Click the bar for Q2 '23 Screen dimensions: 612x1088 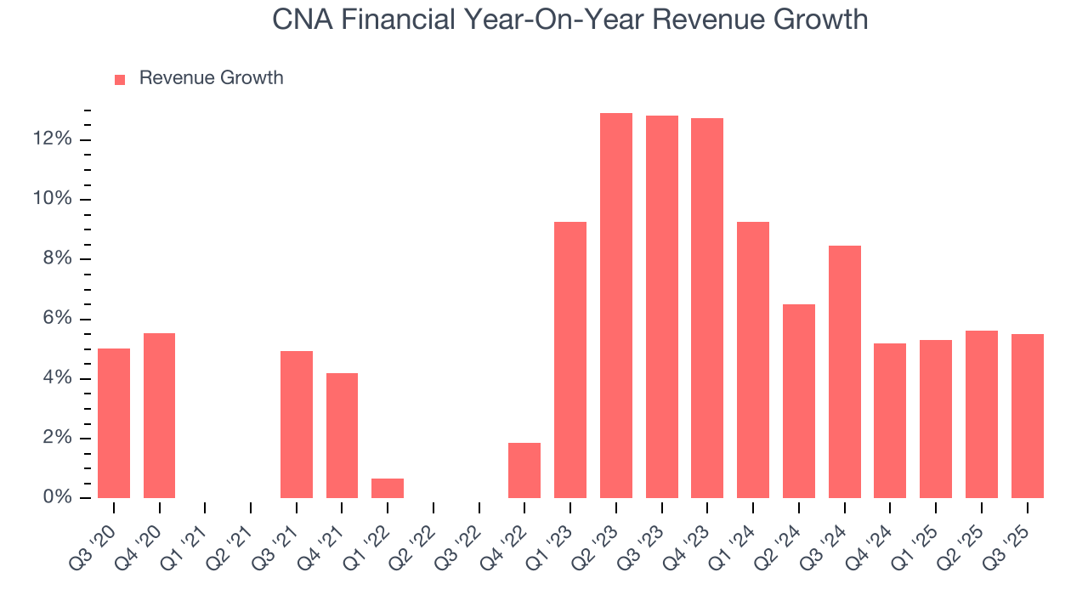click(616, 306)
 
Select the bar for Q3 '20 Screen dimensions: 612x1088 click(114, 423)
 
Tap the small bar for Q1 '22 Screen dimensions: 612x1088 click(388, 489)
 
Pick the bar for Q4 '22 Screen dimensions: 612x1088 click(524, 471)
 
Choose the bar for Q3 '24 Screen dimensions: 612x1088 click(845, 372)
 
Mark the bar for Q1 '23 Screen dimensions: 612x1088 click(570, 360)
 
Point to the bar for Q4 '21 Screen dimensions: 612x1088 click(342, 435)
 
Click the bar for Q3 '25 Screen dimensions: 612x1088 click(1028, 416)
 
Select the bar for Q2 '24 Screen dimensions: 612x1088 click(799, 401)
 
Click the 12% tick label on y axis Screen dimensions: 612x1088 click(52, 139)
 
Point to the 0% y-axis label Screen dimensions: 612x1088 click(57, 498)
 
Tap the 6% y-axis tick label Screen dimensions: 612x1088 click(57, 319)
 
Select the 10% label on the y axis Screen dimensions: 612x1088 click(52, 199)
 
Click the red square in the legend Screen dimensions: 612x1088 click(120, 79)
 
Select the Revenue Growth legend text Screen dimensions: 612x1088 click(211, 78)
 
